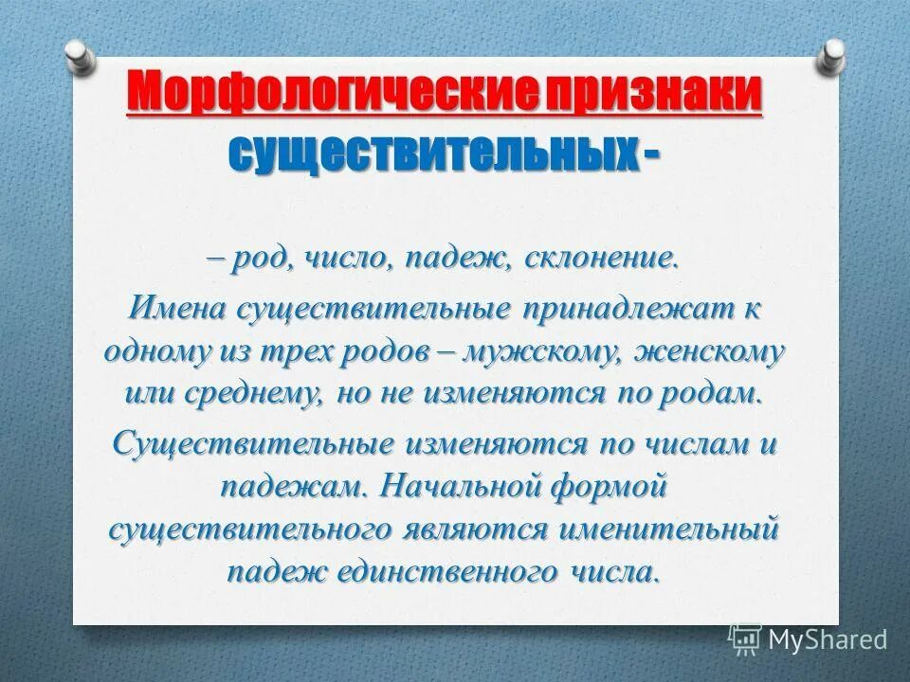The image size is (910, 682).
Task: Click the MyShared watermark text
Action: [828, 639]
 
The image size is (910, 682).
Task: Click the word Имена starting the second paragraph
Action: [178, 309]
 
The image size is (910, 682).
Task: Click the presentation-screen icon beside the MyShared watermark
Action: [745, 639]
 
